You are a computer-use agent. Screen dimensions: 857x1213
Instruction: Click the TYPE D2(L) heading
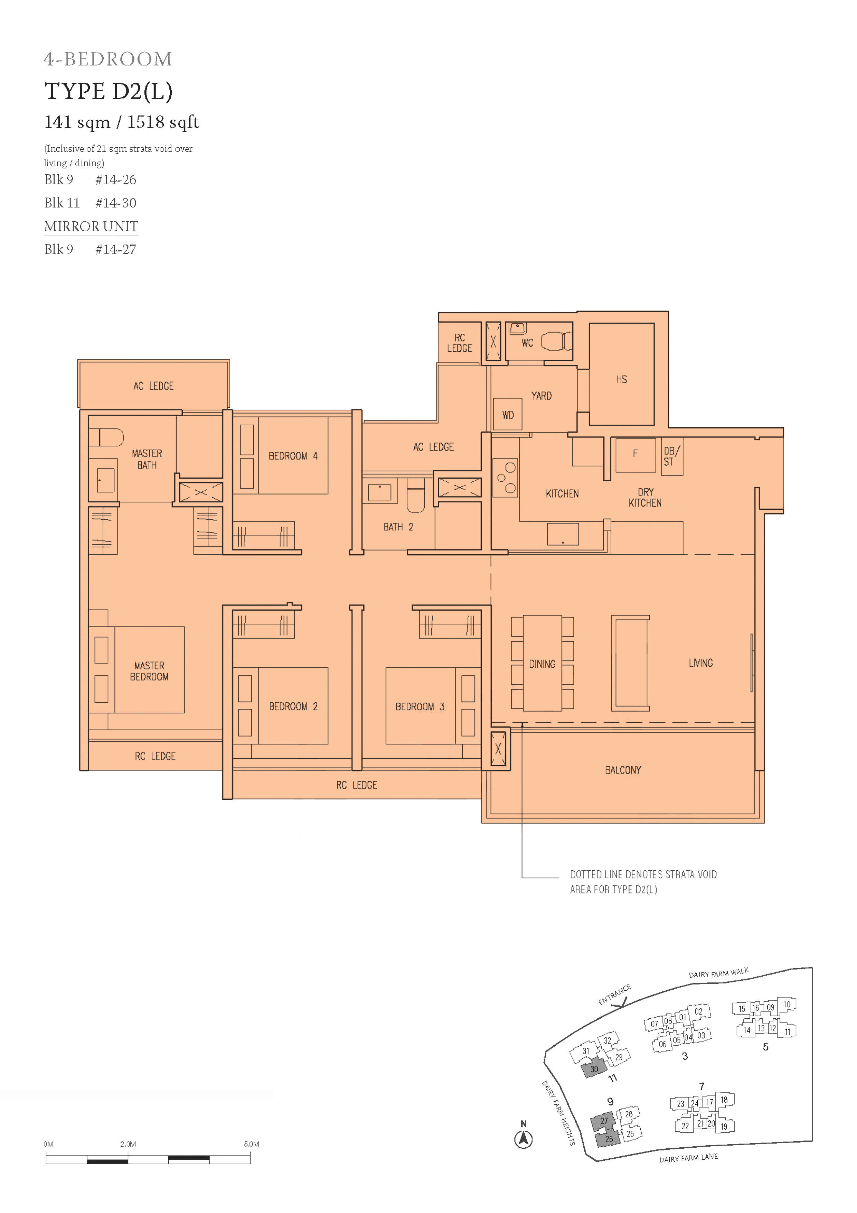[x=108, y=91]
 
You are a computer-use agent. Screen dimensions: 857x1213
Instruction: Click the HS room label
[x=621, y=379]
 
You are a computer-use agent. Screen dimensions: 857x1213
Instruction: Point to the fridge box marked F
[x=635, y=455]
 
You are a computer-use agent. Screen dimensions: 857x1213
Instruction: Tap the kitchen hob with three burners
[x=505, y=478]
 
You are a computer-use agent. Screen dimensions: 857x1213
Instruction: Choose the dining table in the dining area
[x=542, y=663]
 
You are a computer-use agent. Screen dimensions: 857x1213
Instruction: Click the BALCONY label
[x=623, y=770]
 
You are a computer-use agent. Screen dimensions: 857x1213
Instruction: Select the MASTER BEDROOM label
[x=149, y=671]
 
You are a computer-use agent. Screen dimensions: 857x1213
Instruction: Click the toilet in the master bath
[x=106, y=437]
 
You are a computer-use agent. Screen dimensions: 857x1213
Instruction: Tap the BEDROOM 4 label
[x=293, y=456]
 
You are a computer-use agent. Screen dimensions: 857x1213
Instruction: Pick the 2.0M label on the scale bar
[x=128, y=1144]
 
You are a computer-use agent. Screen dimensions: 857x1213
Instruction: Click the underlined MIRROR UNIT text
[x=91, y=226]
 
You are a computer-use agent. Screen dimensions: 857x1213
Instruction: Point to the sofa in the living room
[x=630, y=663]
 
